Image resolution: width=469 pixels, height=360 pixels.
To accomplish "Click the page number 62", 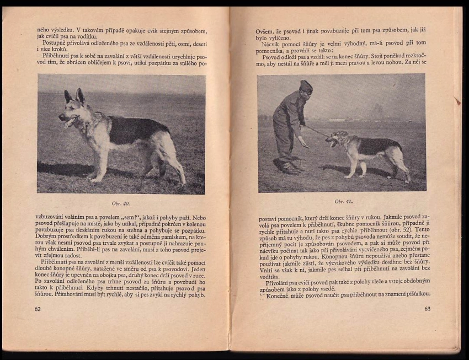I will pyautogui.click(x=38, y=309).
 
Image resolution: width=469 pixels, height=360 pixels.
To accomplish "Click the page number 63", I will pyautogui.click(x=427, y=309).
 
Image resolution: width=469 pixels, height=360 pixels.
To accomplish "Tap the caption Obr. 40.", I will pyautogui.click(x=121, y=203).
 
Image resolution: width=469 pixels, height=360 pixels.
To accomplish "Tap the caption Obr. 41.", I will pyautogui.click(x=343, y=201).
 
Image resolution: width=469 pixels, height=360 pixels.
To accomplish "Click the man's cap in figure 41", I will pyautogui.click(x=306, y=85).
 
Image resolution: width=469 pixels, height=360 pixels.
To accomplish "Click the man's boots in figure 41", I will pyautogui.click(x=290, y=168).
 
